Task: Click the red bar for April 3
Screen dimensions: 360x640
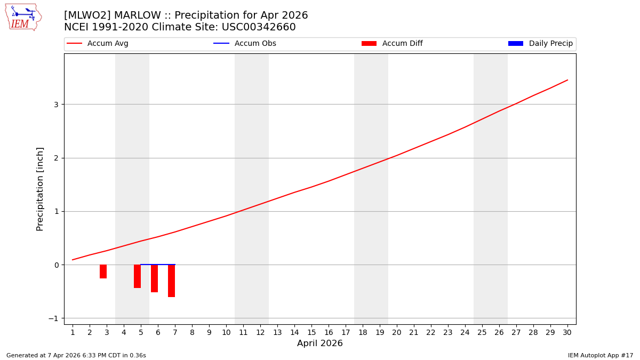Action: click(103, 271)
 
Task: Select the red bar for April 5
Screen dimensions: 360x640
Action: click(137, 276)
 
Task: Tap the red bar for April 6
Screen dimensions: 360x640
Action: click(154, 278)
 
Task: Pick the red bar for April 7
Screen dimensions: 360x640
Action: click(171, 281)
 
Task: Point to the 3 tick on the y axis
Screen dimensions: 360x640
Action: click(55, 105)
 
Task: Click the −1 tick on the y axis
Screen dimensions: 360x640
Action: click(53, 318)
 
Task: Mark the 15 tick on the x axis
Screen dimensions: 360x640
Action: click(311, 332)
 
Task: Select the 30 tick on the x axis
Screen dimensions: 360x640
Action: click(567, 332)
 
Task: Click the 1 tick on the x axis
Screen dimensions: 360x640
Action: click(73, 332)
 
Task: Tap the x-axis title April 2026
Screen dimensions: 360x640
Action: click(320, 343)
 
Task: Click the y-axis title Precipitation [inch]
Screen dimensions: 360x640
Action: click(40, 189)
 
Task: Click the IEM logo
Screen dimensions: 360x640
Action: click(23, 17)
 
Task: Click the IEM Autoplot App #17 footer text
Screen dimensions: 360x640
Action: click(600, 355)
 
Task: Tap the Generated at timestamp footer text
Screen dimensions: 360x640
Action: click(76, 355)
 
